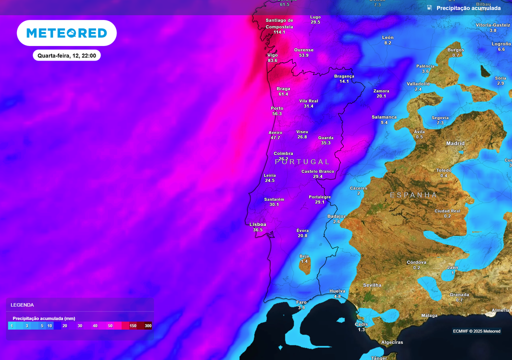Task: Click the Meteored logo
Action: (66, 33)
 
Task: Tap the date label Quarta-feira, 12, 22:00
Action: (66, 55)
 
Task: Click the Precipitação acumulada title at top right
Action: (468, 8)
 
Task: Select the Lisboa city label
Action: (258, 224)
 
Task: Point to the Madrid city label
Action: (455, 143)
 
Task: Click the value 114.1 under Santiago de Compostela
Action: (279, 32)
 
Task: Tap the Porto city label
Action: (277, 108)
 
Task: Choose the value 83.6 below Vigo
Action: (272, 60)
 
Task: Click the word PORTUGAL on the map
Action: (302, 162)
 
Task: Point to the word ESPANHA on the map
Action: (413, 195)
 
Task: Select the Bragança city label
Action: (344, 76)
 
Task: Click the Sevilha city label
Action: (372, 285)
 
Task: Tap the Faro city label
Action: (301, 302)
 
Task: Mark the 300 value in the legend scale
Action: (148, 326)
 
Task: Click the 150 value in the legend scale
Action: (133, 326)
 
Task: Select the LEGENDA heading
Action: (22, 304)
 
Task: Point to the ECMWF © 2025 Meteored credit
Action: (476, 331)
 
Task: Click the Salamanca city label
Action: (384, 117)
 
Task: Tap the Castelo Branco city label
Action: (317, 171)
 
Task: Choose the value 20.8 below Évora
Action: (302, 235)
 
